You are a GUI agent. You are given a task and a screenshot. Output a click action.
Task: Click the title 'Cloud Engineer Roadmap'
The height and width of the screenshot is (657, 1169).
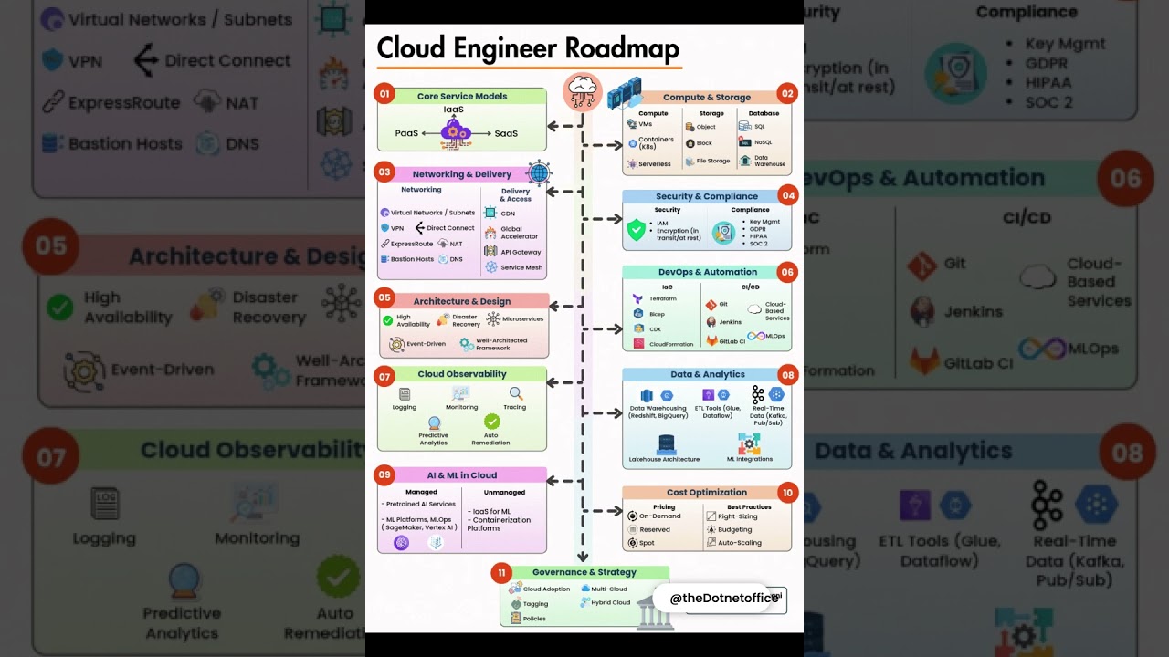(x=528, y=47)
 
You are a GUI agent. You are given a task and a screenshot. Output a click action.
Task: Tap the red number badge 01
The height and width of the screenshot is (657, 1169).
(x=384, y=94)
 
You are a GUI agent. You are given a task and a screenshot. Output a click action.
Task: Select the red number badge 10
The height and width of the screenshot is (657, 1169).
(x=787, y=493)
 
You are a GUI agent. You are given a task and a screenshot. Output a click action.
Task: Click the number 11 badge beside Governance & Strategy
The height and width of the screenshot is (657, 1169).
(x=500, y=573)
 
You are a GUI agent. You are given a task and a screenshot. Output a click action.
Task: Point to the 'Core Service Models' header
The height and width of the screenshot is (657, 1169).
(x=462, y=96)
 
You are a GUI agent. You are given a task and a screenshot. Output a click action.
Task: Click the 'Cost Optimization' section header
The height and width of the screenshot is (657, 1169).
(x=707, y=493)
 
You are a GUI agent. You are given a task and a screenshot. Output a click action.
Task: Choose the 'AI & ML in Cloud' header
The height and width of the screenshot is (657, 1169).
(x=462, y=475)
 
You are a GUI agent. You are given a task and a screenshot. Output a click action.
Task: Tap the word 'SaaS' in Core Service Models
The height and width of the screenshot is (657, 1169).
(x=506, y=133)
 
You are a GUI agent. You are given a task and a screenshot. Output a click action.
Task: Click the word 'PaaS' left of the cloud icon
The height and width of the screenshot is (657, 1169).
(x=406, y=133)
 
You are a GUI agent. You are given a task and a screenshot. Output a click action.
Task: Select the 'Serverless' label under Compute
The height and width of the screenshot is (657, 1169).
(x=655, y=164)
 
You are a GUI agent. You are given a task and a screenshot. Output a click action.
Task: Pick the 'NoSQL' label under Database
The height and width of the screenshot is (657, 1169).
(x=763, y=142)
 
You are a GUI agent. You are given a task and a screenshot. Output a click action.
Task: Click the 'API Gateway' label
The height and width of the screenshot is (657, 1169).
(x=521, y=252)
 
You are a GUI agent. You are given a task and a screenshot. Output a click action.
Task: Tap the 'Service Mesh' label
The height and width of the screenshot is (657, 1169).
(x=521, y=267)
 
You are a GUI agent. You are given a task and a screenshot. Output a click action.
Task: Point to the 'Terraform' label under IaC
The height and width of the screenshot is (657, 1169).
(x=662, y=298)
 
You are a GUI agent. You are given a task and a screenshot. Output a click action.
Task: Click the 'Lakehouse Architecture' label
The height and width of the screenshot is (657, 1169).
(x=664, y=459)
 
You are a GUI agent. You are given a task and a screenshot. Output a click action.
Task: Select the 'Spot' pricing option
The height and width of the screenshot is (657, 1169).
(x=647, y=543)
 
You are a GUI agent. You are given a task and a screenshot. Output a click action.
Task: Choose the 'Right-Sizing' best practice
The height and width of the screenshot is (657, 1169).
(x=737, y=516)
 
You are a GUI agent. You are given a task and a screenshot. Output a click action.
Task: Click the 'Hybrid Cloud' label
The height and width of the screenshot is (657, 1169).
(x=611, y=602)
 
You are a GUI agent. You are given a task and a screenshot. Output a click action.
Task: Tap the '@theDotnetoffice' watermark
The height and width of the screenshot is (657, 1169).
(x=721, y=598)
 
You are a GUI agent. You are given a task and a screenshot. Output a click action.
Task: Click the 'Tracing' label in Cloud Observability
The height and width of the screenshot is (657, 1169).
(x=515, y=407)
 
